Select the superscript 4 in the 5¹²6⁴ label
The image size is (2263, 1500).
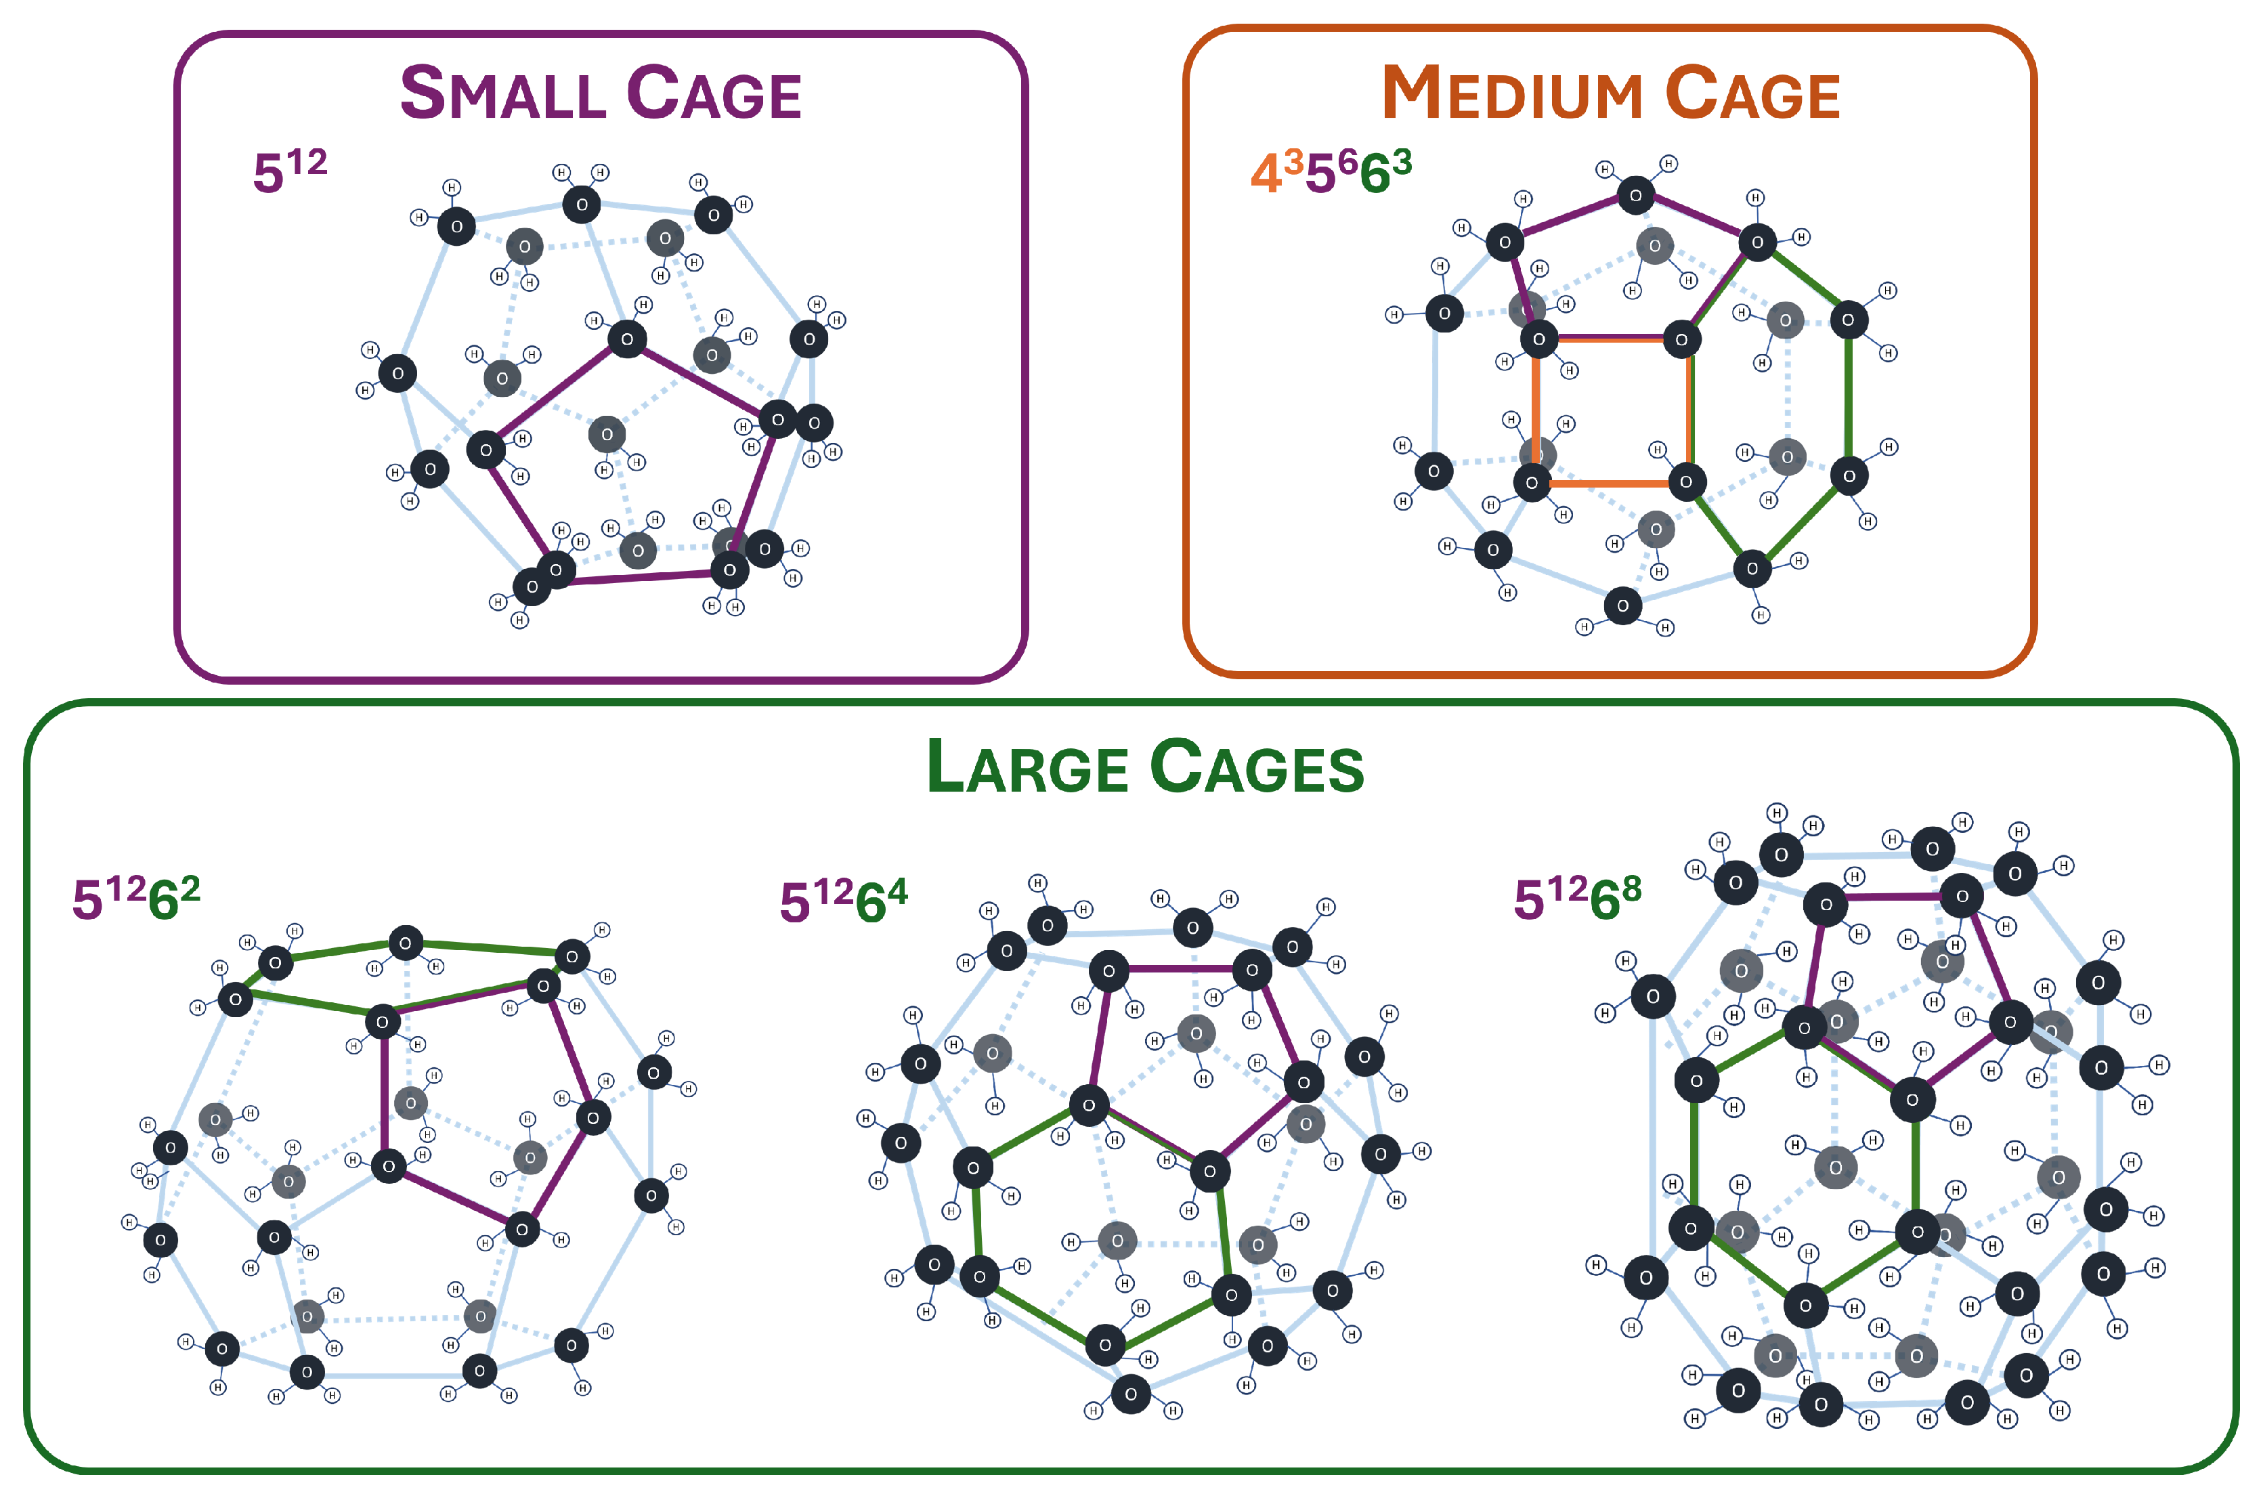coord(897,892)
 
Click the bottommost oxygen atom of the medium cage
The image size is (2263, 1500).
coord(1622,605)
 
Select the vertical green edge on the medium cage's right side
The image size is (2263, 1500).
coord(1848,397)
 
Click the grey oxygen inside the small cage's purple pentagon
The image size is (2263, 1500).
coord(607,434)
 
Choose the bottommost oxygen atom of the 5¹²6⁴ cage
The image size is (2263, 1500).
coord(1131,1394)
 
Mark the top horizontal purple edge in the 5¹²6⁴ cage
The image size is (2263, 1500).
coord(1180,969)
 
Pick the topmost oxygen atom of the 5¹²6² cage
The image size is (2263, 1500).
coord(406,943)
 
